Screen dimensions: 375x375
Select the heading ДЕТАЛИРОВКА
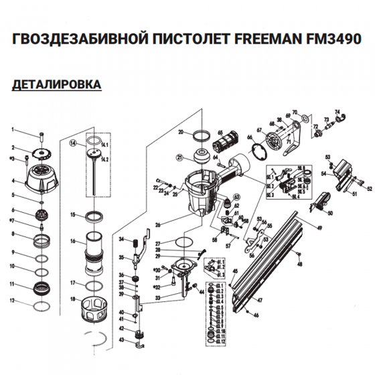pos(57,85)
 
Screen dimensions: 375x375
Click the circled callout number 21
pos(179,158)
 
